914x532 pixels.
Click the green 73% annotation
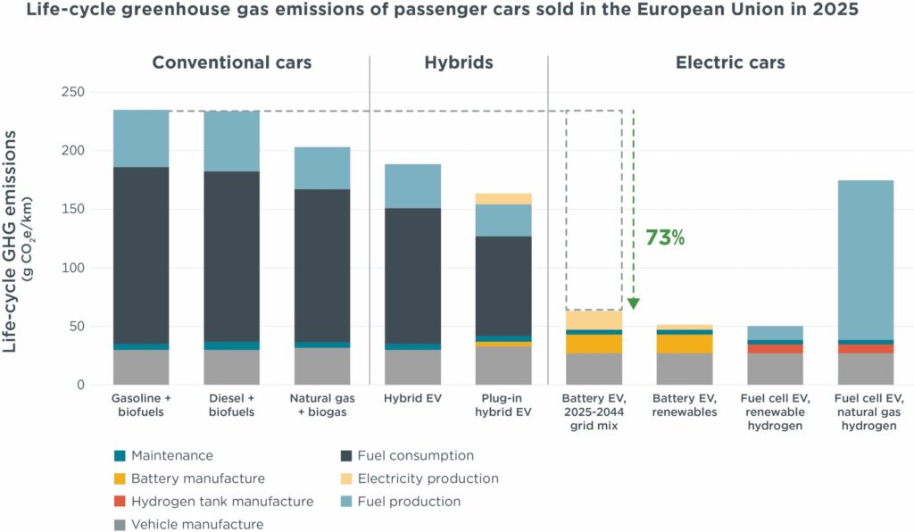[x=664, y=238]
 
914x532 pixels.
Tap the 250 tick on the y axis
[x=72, y=92]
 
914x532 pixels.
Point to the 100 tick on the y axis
[x=72, y=268]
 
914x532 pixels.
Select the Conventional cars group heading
[x=232, y=62]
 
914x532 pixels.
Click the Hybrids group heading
[x=458, y=62]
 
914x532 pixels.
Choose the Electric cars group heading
[x=730, y=62]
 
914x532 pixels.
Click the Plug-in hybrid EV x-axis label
[x=503, y=404]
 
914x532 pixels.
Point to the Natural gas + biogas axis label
[x=322, y=404]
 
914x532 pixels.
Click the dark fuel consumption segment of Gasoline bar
[x=141, y=254]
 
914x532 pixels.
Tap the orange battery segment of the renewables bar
[x=684, y=344]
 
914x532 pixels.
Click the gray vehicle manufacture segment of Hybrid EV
[x=412, y=367]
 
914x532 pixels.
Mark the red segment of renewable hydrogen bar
[x=775, y=349]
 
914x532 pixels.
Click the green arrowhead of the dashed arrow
[x=633, y=303]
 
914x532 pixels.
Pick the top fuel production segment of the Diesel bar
[x=232, y=141]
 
